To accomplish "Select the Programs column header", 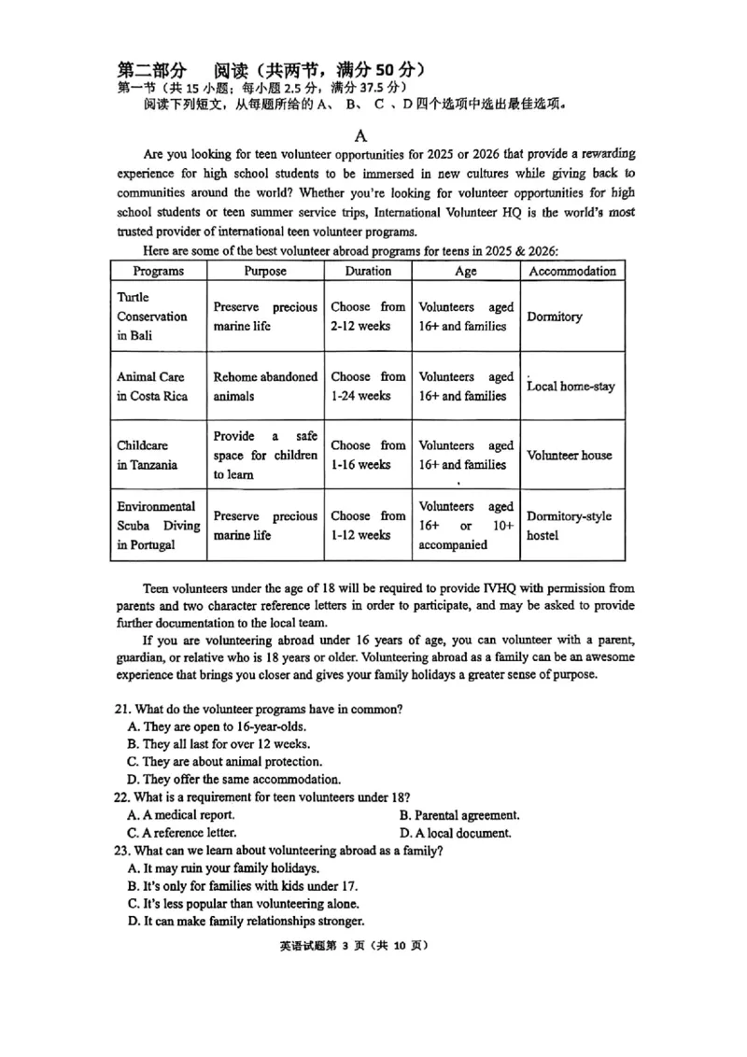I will (158, 271).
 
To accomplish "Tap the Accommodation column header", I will (572, 271).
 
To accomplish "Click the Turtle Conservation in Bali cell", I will (152, 317).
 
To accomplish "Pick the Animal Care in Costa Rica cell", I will (152, 387).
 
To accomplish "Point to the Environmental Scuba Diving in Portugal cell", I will (158, 526).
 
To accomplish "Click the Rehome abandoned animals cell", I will (265, 387).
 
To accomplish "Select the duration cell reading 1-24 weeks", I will (368, 387).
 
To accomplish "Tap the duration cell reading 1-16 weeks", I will (368, 456).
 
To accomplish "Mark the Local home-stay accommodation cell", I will (571, 387).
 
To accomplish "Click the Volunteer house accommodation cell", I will (570, 456).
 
